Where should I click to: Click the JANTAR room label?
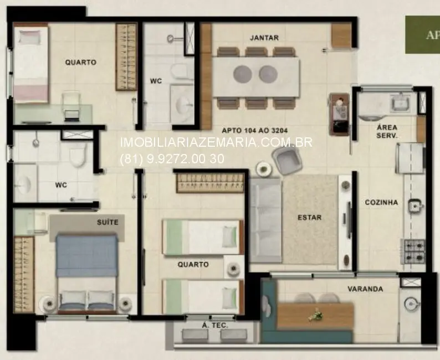[x=264, y=38]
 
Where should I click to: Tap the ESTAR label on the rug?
[x=309, y=218]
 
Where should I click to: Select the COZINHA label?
[x=381, y=203]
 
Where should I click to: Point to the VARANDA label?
[x=365, y=289]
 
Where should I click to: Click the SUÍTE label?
[x=108, y=222]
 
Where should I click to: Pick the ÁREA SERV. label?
[x=387, y=131]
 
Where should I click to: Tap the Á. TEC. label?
[x=215, y=326]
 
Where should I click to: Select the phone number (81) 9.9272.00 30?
[x=172, y=158]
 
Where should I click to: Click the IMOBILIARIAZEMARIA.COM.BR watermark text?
[x=216, y=143]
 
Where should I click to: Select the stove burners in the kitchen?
[x=413, y=251]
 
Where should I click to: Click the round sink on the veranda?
[x=410, y=304]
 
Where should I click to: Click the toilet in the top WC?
[x=178, y=71]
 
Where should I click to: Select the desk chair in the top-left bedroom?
[x=70, y=105]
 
